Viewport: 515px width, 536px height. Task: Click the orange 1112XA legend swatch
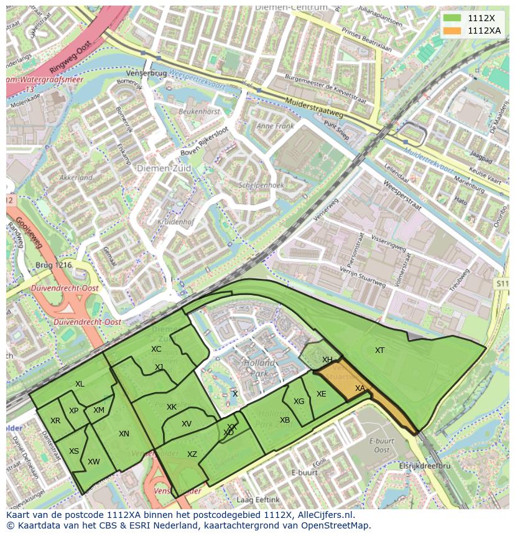coord(453,31)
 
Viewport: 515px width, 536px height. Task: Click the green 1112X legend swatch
coord(453,18)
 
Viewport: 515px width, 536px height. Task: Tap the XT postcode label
coord(379,350)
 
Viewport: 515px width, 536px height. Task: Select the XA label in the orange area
coord(360,388)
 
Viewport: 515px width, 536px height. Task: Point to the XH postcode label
coord(327,360)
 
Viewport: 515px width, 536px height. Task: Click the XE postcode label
coord(321,394)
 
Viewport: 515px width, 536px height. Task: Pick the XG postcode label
coord(299,402)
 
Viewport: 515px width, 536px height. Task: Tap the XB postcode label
coord(285,420)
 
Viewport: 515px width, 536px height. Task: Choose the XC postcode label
coord(156,349)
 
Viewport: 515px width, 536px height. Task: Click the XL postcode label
coord(80,384)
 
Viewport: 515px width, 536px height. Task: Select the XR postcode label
coord(55,421)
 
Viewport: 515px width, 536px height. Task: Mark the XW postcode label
coord(94,462)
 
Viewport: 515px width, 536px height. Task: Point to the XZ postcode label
coord(192,454)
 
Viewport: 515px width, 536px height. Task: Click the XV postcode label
coord(187,424)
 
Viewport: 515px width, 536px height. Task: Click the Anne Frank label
coord(274,126)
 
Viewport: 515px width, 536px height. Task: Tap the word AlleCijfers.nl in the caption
coord(323,515)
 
